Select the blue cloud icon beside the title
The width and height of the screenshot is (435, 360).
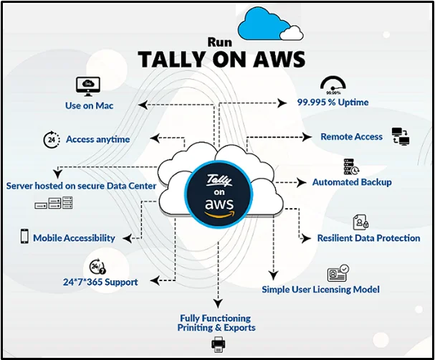(x=270, y=24)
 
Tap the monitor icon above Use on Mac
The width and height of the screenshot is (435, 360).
(x=88, y=86)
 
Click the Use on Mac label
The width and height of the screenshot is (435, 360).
(x=89, y=106)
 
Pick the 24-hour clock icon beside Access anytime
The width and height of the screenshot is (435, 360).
(x=51, y=138)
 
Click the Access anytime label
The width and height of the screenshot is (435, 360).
(x=97, y=139)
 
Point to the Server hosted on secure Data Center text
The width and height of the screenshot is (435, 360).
(x=81, y=186)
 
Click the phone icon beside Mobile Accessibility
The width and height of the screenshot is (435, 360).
(x=24, y=237)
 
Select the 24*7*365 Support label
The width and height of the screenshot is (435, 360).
(x=100, y=282)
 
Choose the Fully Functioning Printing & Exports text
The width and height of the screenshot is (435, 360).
(x=216, y=323)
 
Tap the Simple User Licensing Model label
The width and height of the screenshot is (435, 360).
(x=320, y=290)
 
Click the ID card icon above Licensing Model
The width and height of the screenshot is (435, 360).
(x=337, y=273)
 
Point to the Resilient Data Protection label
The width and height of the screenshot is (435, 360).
(x=368, y=238)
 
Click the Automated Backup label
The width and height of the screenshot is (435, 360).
(x=352, y=182)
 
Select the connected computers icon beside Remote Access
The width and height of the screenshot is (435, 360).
(x=400, y=136)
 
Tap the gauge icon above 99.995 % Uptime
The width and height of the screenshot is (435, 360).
(x=333, y=85)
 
